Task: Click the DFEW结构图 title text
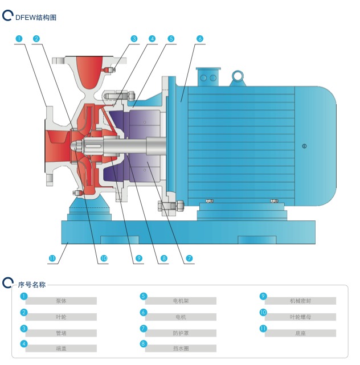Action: [x=35, y=18]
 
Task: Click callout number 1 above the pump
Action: [x=19, y=39]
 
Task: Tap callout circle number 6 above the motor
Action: [x=200, y=39]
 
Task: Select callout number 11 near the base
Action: [x=52, y=259]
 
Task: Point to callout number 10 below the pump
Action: [x=104, y=259]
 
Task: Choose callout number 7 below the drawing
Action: [x=189, y=259]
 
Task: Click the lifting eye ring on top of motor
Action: [x=238, y=75]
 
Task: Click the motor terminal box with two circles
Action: [x=208, y=77]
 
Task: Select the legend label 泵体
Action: [x=61, y=301]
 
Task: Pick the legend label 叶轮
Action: [x=61, y=317]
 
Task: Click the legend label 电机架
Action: [x=180, y=301]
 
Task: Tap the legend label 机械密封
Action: [x=300, y=301]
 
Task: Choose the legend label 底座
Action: [x=300, y=333]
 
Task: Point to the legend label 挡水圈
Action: [x=180, y=348]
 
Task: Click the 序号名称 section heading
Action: [x=32, y=284]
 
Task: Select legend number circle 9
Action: [x=263, y=296]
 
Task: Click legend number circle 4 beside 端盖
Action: [x=24, y=343]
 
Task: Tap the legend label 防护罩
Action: [x=180, y=333]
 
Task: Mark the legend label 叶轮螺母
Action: [x=300, y=317]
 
